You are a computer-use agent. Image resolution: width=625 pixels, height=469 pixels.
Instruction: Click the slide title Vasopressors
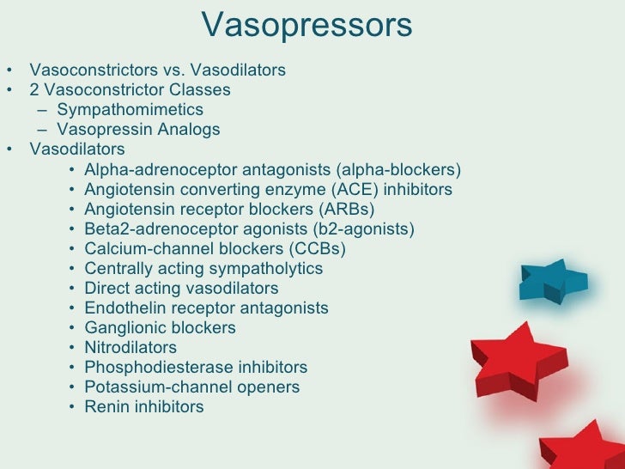307,26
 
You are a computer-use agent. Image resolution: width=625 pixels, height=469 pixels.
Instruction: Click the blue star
553,281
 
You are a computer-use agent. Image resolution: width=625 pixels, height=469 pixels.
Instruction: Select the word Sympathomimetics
130,110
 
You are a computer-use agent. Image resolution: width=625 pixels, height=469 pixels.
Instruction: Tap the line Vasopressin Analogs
138,130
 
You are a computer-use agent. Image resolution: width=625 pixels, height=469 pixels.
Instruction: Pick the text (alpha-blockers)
402,169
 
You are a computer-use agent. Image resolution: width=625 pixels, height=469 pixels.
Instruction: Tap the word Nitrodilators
130,348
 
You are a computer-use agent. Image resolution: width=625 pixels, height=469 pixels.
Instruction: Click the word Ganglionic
124,328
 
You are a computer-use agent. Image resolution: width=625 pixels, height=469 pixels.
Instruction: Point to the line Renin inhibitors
144,407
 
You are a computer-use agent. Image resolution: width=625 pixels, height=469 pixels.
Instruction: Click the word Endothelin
121,308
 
